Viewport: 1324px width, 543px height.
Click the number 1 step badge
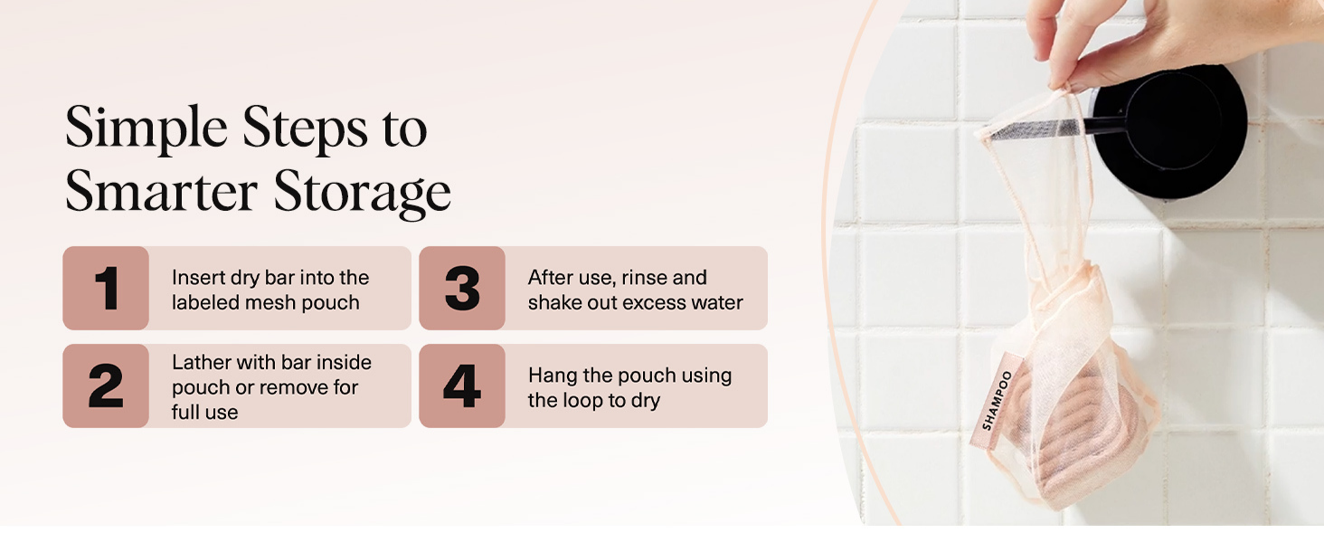pos(106,289)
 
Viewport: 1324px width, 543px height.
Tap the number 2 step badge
pos(106,386)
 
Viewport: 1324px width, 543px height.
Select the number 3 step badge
pos(462,289)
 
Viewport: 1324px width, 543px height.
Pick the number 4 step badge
pos(462,386)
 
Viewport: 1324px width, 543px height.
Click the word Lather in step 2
pos(201,362)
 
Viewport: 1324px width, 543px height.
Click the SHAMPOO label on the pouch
pos(998,399)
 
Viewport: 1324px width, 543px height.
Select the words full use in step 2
pos(205,413)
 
